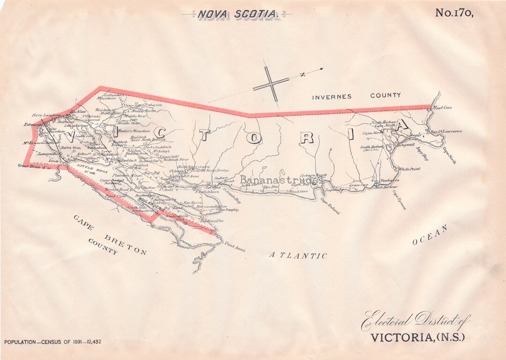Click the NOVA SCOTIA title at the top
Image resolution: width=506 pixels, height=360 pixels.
tap(238, 14)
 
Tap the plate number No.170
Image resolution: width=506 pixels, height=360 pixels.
tap(454, 13)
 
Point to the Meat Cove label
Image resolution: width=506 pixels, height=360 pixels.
tap(442, 108)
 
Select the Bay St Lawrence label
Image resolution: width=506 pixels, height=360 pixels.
tap(446, 132)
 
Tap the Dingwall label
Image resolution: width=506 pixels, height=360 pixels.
tap(405, 145)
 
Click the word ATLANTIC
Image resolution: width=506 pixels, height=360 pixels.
tap(298, 256)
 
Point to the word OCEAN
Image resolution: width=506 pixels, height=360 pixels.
tap(430, 235)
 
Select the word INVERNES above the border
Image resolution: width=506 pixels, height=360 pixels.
tap(332, 96)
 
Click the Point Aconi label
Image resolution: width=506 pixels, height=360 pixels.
tap(234, 247)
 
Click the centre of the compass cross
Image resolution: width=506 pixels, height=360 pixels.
tap(271, 84)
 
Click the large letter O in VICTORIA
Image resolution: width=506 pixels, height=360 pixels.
tap(253, 138)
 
